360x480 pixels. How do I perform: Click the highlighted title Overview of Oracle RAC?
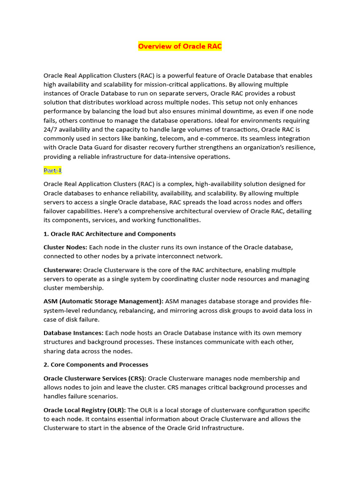180,46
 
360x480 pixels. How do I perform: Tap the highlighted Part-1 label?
52,170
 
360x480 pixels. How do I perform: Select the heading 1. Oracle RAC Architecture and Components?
110,233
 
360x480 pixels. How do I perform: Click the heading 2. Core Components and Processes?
96,364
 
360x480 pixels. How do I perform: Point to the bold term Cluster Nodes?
65,247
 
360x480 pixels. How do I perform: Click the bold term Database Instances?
74,333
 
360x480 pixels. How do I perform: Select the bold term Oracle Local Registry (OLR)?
85,410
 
